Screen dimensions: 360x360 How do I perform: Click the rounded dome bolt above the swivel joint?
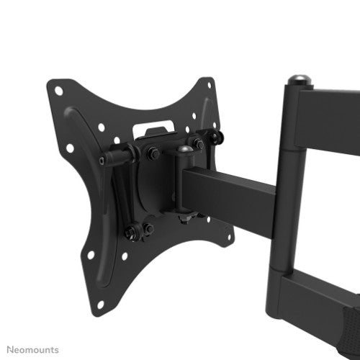click(x=184, y=152)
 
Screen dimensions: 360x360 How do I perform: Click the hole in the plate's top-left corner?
click(x=59, y=91)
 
